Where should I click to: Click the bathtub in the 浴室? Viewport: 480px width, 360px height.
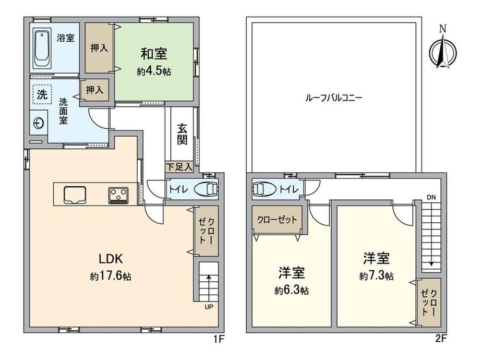(x=42, y=48)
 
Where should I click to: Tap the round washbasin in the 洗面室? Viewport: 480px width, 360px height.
(x=39, y=123)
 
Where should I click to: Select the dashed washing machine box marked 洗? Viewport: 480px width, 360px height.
(x=42, y=94)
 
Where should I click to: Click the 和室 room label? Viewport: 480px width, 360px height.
(x=154, y=54)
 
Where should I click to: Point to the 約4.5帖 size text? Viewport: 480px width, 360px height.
(x=154, y=71)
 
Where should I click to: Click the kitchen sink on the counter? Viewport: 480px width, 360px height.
(x=75, y=195)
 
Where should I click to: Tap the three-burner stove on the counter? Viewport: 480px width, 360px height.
(x=118, y=195)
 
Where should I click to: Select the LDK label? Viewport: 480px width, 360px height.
(x=111, y=259)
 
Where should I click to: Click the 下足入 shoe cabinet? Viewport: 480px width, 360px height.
(x=179, y=167)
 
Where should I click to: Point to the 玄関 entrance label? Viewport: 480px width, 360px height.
(x=182, y=134)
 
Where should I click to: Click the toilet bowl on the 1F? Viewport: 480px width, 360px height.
(x=207, y=189)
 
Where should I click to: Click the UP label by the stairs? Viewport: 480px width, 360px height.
(x=209, y=307)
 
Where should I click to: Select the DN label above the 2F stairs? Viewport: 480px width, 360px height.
(x=431, y=197)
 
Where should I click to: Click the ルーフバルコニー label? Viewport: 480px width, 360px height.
(x=334, y=98)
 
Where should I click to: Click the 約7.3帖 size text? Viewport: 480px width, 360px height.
(x=377, y=276)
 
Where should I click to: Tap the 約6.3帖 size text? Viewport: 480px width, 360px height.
(x=292, y=290)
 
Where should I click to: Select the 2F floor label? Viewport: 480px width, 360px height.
(x=441, y=339)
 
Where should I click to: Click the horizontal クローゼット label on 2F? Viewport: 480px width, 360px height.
(x=277, y=220)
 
